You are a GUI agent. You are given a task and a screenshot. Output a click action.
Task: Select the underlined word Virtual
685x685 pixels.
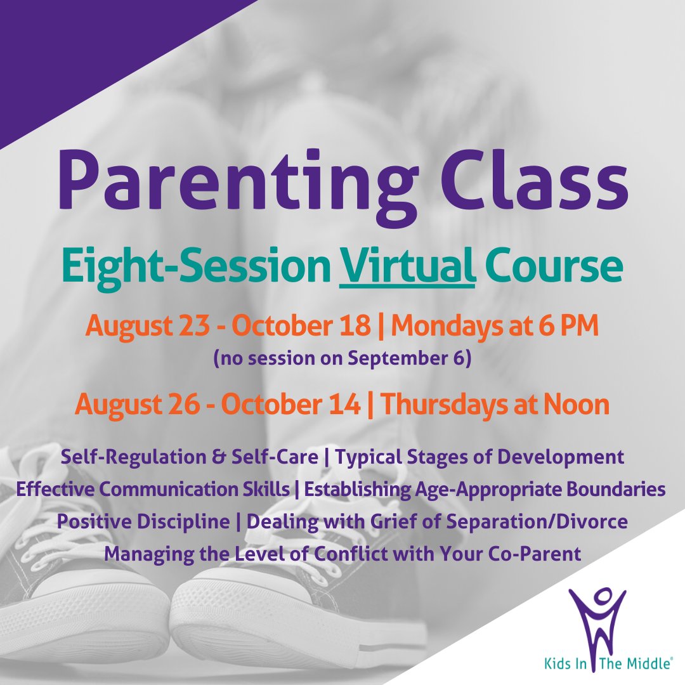407,268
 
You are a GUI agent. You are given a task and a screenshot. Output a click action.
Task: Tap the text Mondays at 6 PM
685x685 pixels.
495,327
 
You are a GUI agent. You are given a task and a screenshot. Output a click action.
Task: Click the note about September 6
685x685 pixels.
342,358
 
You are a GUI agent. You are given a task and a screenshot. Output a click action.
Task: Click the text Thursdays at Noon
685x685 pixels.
495,405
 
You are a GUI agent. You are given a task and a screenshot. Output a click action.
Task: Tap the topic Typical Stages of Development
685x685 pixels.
479,457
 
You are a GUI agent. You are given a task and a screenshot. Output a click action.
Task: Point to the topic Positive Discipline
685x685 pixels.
143,522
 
